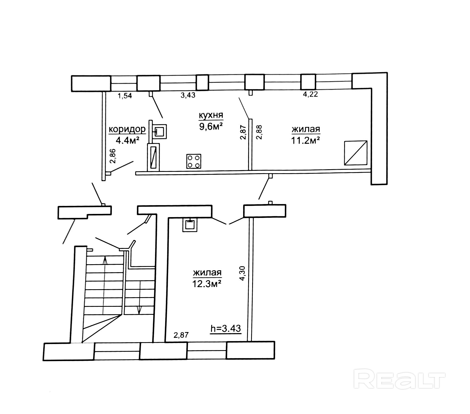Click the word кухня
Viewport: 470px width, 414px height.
point(211,115)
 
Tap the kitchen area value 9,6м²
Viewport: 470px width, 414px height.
point(211,126)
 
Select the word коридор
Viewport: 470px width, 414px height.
point(127,129)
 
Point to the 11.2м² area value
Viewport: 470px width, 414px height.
point(305,140)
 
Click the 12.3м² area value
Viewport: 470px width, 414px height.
point(207,284)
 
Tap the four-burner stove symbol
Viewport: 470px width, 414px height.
point(194,161)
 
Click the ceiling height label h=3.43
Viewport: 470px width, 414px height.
point(226,328)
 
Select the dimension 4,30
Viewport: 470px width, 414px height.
point(242,273)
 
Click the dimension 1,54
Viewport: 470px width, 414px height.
point(125,96)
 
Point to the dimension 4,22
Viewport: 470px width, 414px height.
point(310,94)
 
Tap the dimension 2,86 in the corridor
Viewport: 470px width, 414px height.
point(113,156)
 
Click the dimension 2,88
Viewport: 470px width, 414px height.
point(259,132)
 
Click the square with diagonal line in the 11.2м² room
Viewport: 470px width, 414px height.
point(356,153)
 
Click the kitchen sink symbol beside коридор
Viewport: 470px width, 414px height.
point(160,131)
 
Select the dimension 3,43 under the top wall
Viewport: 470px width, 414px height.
point(188,95)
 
